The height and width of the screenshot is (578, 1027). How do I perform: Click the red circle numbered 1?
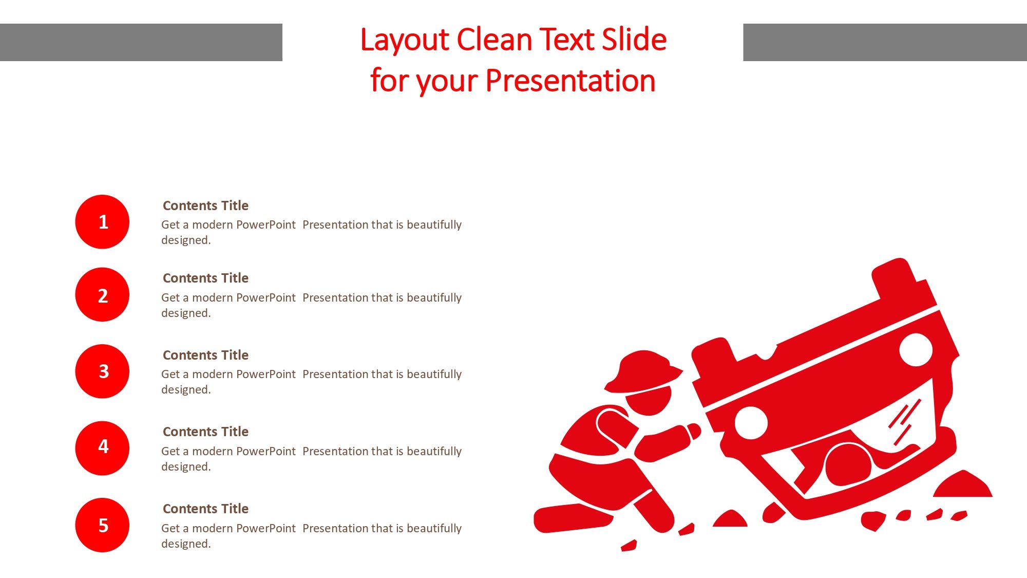point(102,222)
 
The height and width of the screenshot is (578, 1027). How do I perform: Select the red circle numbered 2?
point(102,294)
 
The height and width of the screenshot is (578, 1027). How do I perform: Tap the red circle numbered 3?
point(102,371)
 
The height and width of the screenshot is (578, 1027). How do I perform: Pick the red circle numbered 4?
point(102,448)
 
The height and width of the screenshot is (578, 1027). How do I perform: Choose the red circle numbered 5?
point(102,525)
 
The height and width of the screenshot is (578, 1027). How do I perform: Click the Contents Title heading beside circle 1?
point(205,206)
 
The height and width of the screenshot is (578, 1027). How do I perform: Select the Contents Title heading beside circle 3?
point(205,355)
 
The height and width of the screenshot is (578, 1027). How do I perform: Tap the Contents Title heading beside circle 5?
point(205,509)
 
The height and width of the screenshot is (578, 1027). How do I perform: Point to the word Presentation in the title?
point(570,81)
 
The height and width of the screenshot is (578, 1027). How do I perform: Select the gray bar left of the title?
point(141,42)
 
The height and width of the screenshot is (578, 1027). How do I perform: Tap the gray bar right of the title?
point(885,42)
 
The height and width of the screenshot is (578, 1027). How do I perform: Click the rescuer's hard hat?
point(642,371)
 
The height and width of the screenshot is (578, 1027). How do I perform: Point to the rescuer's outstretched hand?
point(693,431)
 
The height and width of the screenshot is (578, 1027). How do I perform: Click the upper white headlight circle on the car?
point(916,349)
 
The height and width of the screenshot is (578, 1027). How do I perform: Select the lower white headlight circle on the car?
point(751,423)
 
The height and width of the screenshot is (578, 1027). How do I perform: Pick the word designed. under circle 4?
point(186,467)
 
